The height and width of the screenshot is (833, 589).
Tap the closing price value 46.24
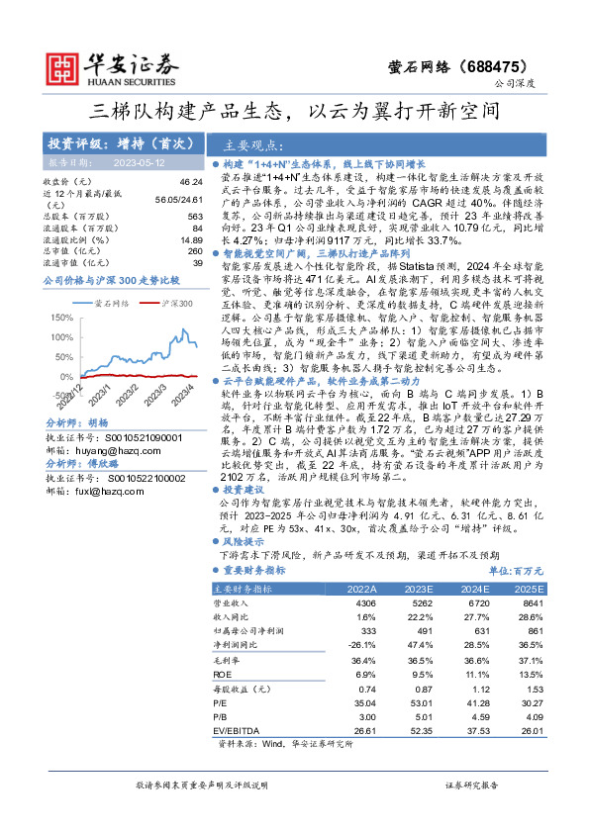coord(190,182)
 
